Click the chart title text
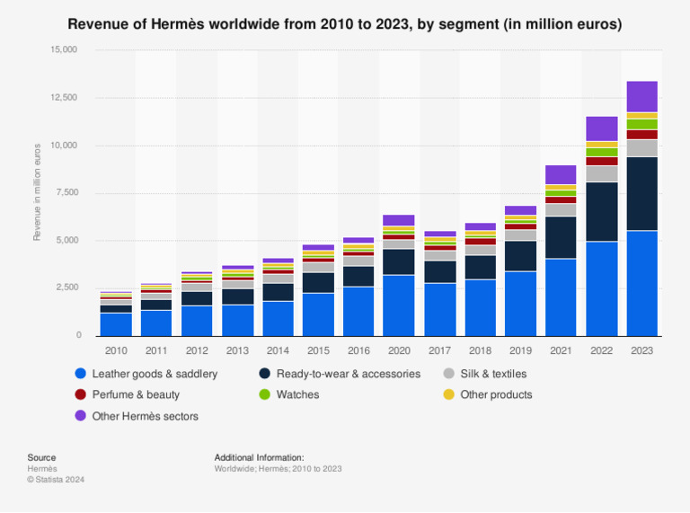pyautogui.click(x=345, y=24)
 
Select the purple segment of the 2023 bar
pyautogui.click(x=642, y=96)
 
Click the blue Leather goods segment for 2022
pyautogui.click(x=602, y=287)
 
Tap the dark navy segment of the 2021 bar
pyautogui.click(x=561, y=237)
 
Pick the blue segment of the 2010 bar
pyautogui.click(x=116, y=323)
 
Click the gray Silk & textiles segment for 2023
pyautogui.click(x=642, y=148)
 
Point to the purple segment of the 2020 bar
pyautogui.click(x=399, y=220)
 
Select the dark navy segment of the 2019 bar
pyautogui.click(x=521, y=256)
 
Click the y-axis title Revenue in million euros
pyautogui.click(x=37, y=191)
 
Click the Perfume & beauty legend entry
pyautogui.click(x=136, y=394)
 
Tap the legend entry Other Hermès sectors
pyautogui.click(x=145, y=416)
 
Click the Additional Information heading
pyautogui.click(x=259, y=457)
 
